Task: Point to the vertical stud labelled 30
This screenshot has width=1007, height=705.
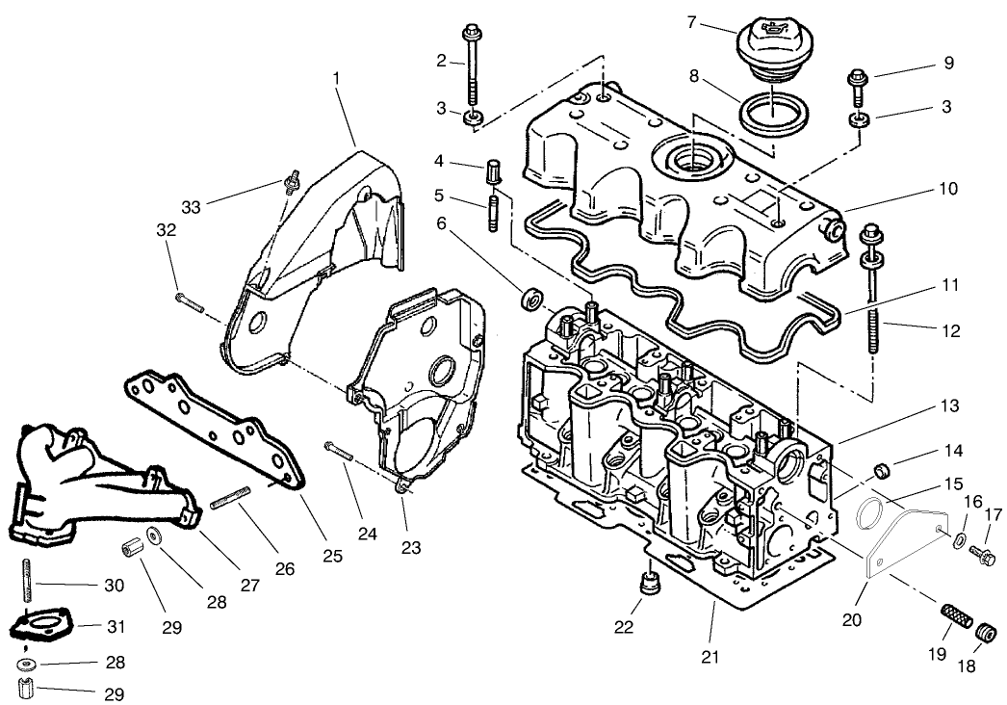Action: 25,584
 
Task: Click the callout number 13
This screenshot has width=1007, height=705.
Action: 950,406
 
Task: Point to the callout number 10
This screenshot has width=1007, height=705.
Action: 949,190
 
